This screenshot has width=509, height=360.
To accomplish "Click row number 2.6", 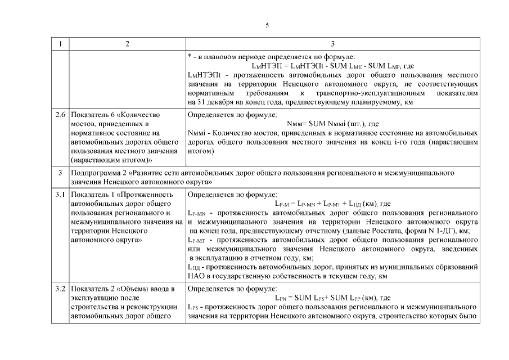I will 60,115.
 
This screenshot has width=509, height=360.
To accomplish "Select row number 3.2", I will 60,289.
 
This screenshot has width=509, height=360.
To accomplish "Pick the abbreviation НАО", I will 195,276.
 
